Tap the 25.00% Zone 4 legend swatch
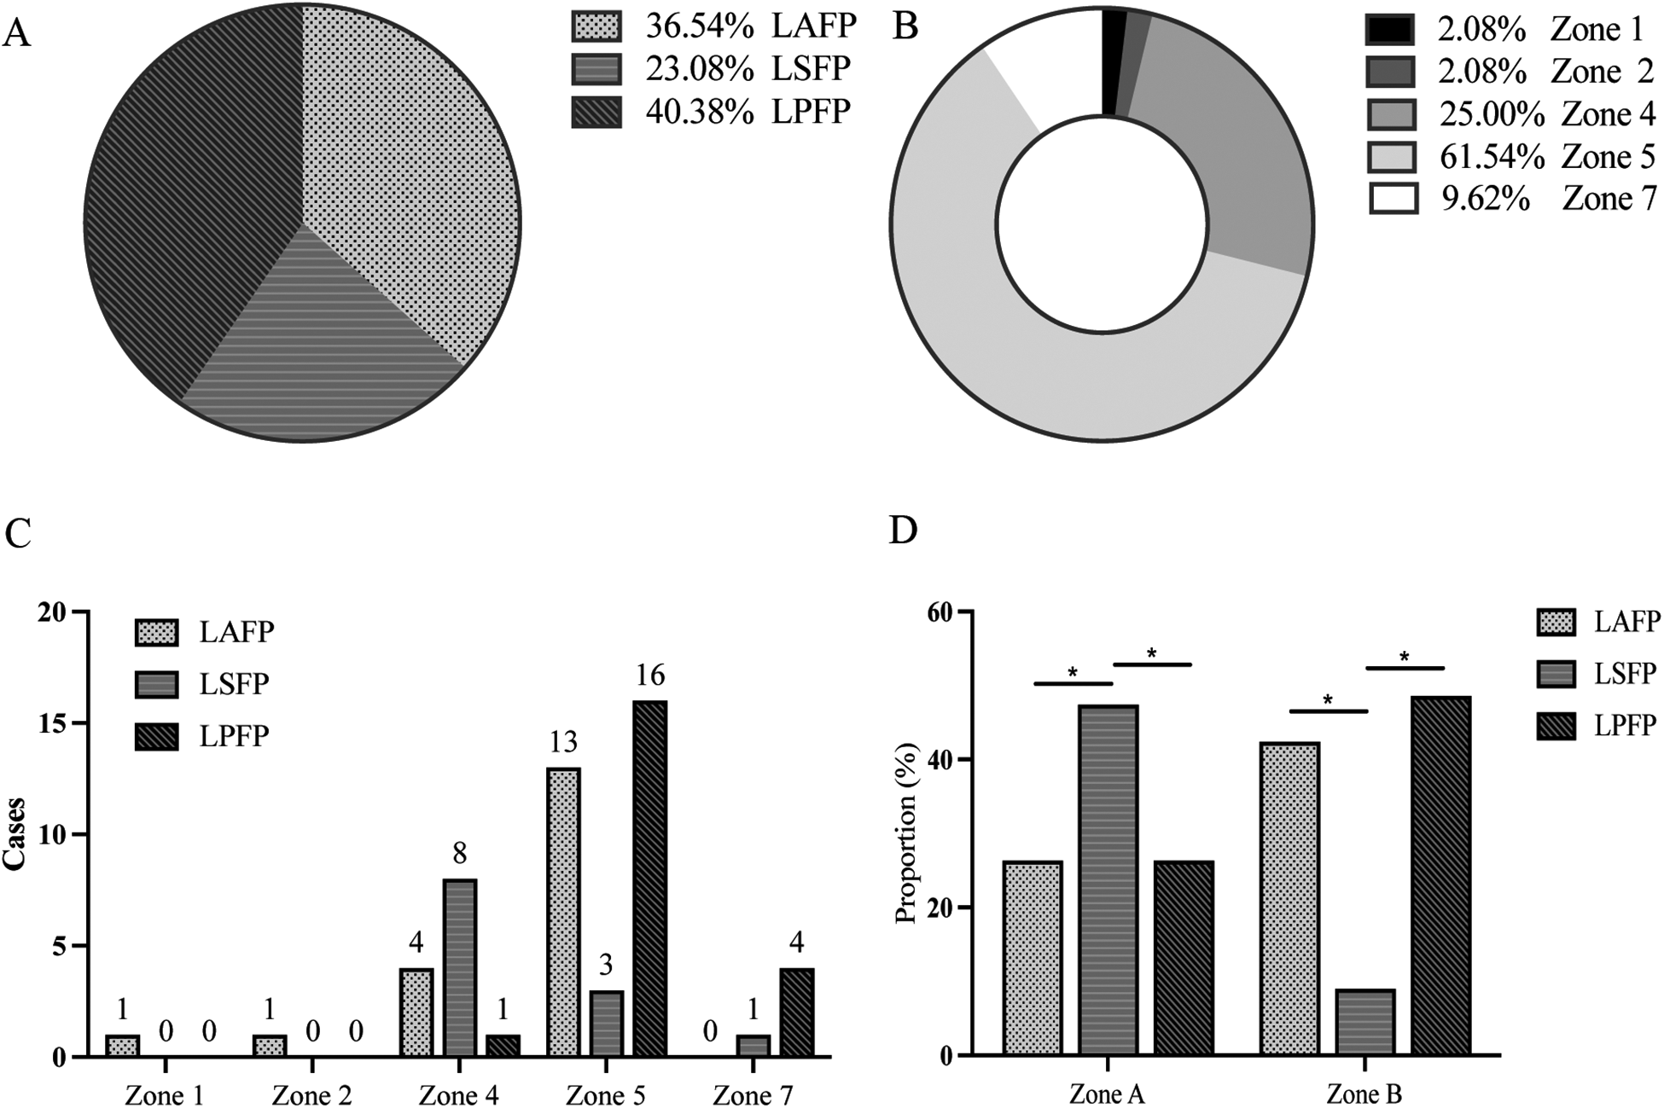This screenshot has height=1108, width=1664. pyautogui.click(x=1390, y=114)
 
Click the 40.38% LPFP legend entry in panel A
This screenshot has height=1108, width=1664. pyautogui.click(x=713, y=112)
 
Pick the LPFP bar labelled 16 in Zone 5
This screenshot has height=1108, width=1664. pyautogui.click(x=649, y=879)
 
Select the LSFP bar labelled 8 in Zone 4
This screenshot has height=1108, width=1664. pyautogui.click(x=459, y=968)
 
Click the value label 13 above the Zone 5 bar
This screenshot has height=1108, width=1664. pyautogui.click(x=562, y=742)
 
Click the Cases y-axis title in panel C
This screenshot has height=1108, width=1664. pyautogui.click(x=15, y=833)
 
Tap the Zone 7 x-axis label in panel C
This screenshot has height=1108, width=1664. pyautogui.click(x=753, y=1094)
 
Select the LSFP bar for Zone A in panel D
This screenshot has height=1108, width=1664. pyautogui.click(x=1108, y=879)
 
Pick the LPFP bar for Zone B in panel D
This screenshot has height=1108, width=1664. pyautogui.click(x=1440, y=874)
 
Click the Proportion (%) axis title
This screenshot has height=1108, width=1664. pyautogui.click(x=906, y=833)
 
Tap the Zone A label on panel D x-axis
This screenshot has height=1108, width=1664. pyautogui.click(x=1107, y=1094)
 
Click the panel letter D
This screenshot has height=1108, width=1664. pyautogui.click(x=903, y=530)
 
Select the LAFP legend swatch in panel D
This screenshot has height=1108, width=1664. pyautogui.click(x=1561, y=622)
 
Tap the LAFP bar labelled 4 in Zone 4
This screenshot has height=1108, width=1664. pyautogui.click(x=416, y=1012)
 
